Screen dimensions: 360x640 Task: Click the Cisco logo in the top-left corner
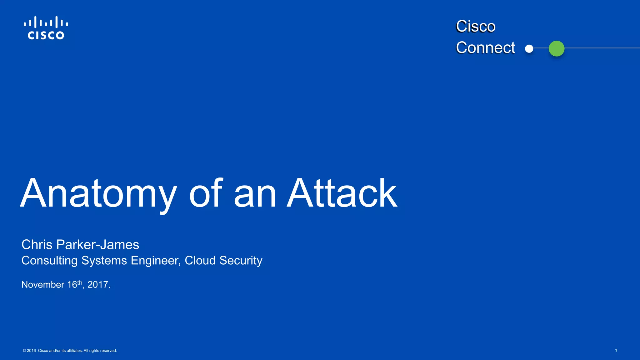click(x=46, y=28)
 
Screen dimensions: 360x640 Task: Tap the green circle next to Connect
click(x=557, y=49)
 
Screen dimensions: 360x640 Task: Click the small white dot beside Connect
click(x=529, y=49)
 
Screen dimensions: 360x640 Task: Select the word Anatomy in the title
click(x=98, y=194)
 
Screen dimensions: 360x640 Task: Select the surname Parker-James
click(x=98, y=245)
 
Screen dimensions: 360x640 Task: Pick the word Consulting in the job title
click(x=49, y=261)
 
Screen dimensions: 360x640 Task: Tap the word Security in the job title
click(x=241, y=261)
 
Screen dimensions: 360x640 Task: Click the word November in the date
click(x=43, y=285)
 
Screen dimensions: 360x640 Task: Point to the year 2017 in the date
click(x=98, y=285)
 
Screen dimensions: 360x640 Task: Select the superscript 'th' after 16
click(x=80, y=282)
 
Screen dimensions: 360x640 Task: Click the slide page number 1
click(x=616, y=350)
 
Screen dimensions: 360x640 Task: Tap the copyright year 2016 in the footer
click(x=31, y=351)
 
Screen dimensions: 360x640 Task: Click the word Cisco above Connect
click(x=476, y=26)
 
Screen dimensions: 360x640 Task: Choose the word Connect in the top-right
click(x=485, y=48)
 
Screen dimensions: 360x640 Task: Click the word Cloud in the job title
click(x=200, y=261)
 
